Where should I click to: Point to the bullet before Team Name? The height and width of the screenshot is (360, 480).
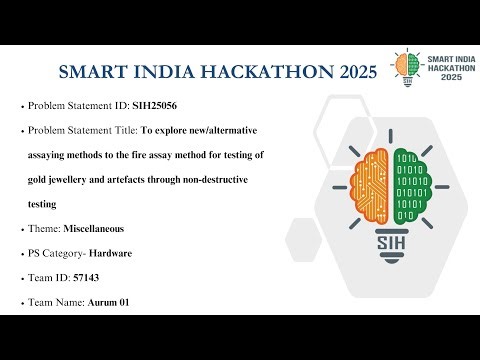point(21,303)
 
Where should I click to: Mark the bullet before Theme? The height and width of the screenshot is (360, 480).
point(21,229)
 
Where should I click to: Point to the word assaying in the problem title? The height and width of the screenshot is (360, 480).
point(63,154)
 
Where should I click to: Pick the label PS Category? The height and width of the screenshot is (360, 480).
point(55,253)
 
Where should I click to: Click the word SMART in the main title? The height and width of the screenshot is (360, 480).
point(95,73)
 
